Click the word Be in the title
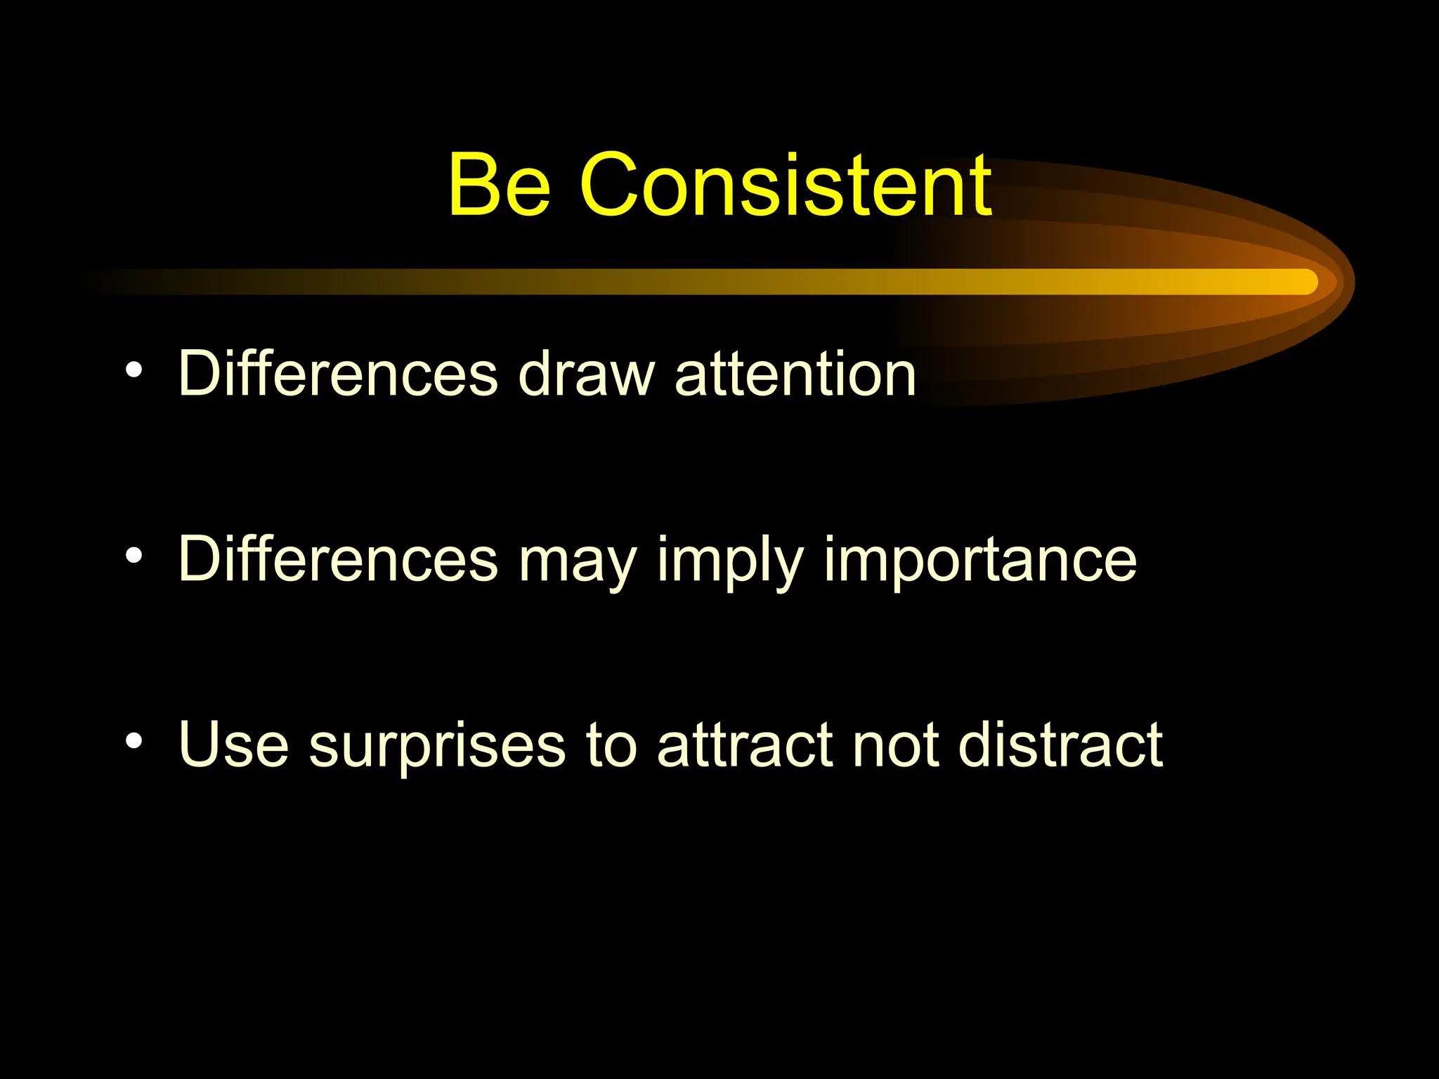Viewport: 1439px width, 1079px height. click(499, 186)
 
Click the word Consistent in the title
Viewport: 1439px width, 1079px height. click(786, 186)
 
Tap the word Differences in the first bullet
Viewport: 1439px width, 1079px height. click(338, 374)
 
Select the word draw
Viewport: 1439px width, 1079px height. click(587, 374)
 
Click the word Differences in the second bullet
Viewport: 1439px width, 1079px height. click(338, 559)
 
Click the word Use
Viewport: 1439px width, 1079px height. click(234, 745)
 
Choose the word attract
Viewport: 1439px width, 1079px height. click(745, 745)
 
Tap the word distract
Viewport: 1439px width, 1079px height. click(1060, 745)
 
